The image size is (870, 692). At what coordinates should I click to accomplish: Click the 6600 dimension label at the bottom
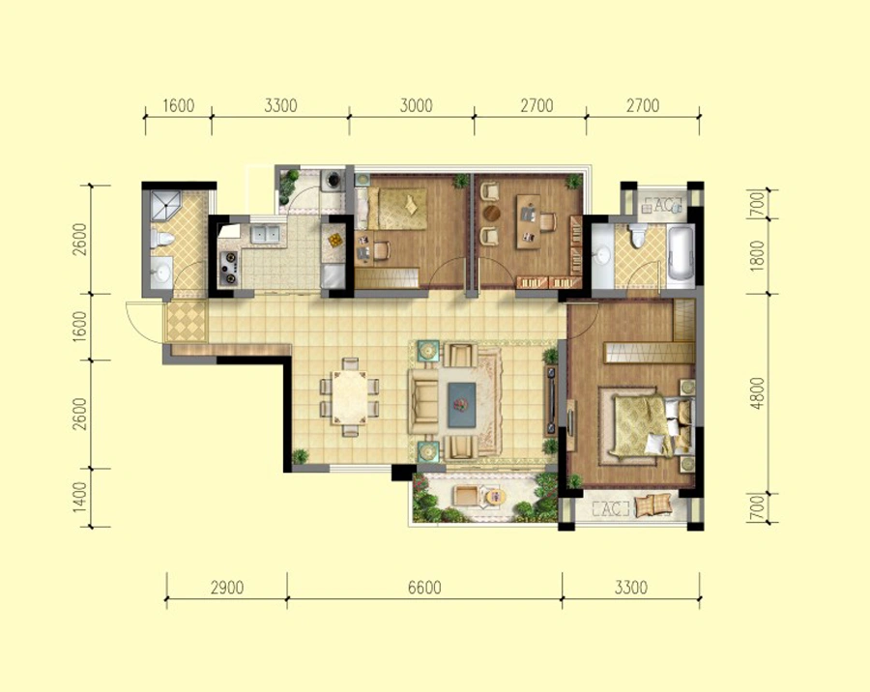tap(424, 587)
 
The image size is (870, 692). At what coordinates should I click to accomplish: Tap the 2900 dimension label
tap(227, 587)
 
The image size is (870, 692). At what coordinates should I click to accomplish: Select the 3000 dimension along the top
tap(416, 105)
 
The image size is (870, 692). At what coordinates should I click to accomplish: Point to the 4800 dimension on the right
tap(757, 393)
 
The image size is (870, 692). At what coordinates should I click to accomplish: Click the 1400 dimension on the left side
tap(80, 497)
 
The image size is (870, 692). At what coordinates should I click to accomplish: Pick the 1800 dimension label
tap(757, 256)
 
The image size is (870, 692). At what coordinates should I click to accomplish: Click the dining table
tap(350, 398)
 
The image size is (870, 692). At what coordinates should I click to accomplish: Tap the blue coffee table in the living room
tap(462, 405)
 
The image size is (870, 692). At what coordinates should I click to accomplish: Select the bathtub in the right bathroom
tap(681, 256)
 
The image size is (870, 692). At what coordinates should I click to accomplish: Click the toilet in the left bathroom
tap(161, 239)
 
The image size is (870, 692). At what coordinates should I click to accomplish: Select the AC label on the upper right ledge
tap(660, 205)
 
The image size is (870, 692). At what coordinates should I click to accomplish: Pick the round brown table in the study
tap(492, 213)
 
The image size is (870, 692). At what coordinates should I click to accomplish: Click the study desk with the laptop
tap(529, 221)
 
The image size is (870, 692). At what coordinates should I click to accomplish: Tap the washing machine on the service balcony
tap(333, 179)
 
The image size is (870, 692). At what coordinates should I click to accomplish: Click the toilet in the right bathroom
tap(637, 235)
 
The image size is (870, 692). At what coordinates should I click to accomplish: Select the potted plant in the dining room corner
tap(300, 456)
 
